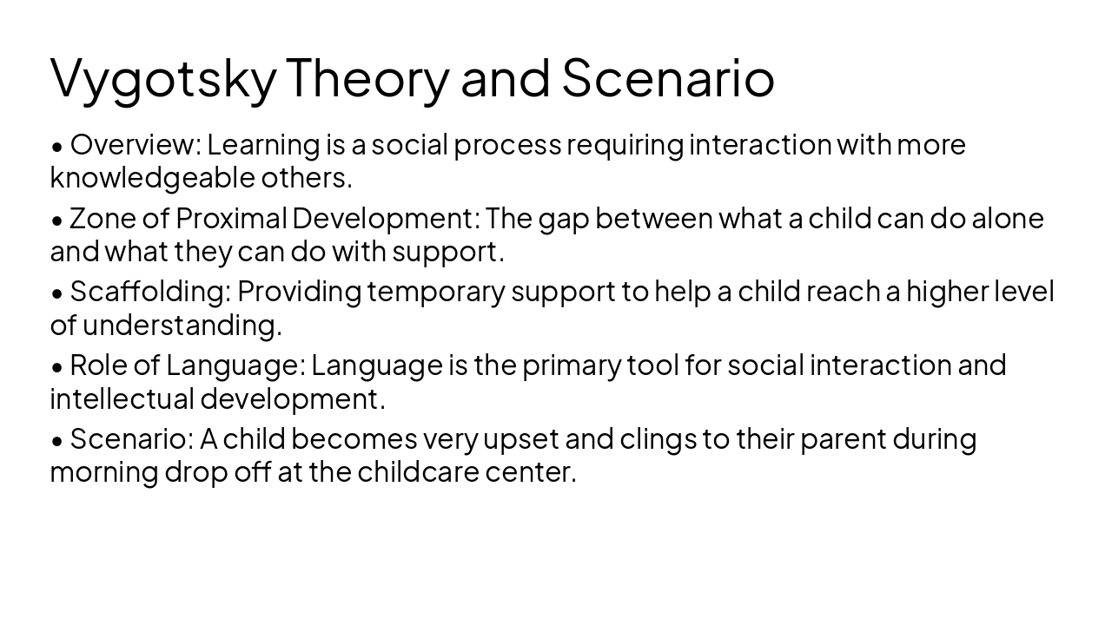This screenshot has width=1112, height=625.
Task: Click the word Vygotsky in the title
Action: click(x=162, y=78)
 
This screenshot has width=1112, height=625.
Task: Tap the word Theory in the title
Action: click(x=367, y=76)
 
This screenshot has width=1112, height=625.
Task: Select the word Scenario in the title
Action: click(x=667, y=76)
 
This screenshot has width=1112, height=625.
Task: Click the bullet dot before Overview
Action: click(x=57, y=146)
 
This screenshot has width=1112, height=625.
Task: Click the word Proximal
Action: click(x=230, y=218)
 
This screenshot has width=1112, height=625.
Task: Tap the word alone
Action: click(x=1007, y=218)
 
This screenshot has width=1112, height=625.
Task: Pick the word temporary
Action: click(x=435, y=293)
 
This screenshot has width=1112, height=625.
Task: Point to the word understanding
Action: click(x=182, y=326)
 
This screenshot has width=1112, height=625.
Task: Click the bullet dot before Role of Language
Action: click(x=57, y=367)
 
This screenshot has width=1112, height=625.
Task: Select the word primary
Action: click(x=572, y=365)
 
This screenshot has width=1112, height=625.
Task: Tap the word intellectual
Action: click(x=122, y=399)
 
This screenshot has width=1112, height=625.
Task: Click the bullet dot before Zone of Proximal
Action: click(x=57, y=220)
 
